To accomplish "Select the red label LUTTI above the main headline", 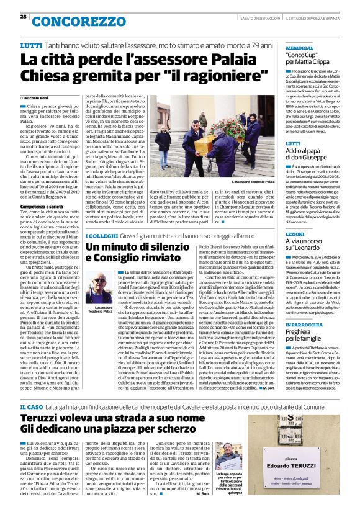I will click(x=31, y=47).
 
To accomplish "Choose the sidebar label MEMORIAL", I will click(x=299, y=47).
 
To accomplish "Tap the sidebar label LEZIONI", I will click(x=295, y=234).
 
